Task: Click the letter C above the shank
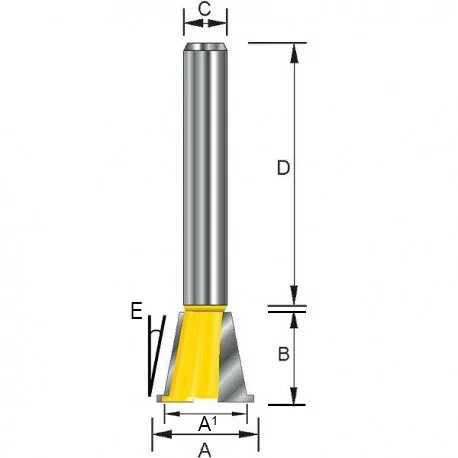click(x=204, y=9)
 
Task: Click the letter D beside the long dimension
click(x=283, y=168)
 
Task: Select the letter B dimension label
click(x=283, y=354)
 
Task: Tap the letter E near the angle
click(x=137, y=311)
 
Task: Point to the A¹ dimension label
click(x=207, y=424)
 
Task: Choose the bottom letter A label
click(x=205, y=451)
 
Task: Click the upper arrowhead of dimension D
click(x=294, y=53)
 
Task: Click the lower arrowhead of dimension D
click(x=294, y=295)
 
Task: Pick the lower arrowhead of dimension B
click(x=294, y=395)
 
